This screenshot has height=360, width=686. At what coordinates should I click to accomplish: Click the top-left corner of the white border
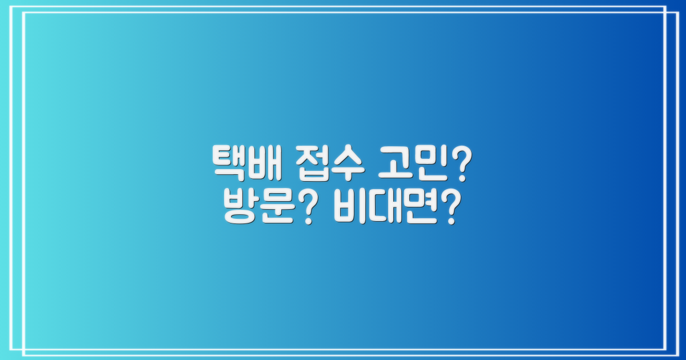coord(19,7)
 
